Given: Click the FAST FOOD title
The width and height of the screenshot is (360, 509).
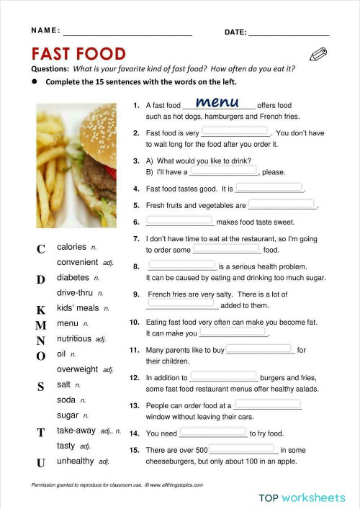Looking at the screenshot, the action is coord(78,54).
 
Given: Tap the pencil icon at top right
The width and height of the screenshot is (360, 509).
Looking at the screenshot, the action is coord(318,54).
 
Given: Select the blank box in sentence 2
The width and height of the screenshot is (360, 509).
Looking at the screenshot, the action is coord(235,132).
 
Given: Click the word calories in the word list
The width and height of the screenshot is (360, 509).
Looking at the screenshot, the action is coord(71,247).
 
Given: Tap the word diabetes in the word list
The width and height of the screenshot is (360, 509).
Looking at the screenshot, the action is coord(73,277).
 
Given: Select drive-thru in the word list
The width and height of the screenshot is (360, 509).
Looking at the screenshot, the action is coord(76,293).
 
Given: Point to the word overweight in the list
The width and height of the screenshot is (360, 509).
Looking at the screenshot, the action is coord(78,369).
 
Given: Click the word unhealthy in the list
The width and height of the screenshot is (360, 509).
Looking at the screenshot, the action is coord(76,461).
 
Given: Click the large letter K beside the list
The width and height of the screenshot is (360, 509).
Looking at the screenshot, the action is coord(41,310).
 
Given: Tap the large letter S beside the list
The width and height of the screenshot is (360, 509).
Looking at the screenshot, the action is coord(41,387).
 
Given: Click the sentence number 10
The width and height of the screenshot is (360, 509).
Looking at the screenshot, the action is coord(134,323).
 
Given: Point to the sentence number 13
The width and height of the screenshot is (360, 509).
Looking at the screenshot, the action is coord(134,406).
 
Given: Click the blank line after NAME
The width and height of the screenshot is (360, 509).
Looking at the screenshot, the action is coord(127,34).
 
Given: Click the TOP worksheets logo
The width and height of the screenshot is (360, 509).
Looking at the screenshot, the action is coord(302,497).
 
